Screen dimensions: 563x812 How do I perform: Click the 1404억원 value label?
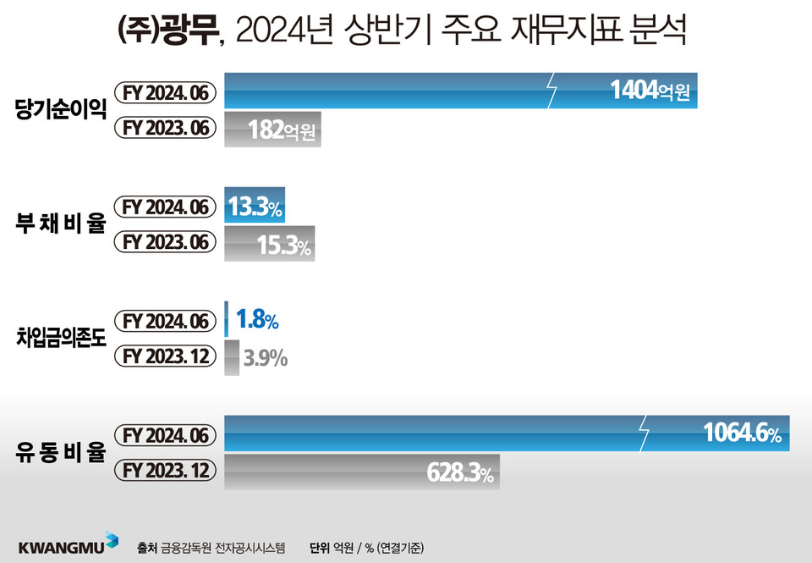[x=650, y=91]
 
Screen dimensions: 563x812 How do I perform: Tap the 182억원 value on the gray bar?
[x=282, y=130]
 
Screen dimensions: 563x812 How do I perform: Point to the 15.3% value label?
[x=283, y=245]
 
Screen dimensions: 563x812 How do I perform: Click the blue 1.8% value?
[x=257, y=320]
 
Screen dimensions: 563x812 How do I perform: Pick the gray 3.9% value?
[x=265, y=359]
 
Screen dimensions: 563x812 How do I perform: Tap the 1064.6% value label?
[x=742, y=435]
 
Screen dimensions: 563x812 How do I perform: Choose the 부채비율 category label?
[x=60, y=224]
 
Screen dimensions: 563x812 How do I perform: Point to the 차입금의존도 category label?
[x=60, y=339]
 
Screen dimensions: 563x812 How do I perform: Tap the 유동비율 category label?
[x=60, y=453]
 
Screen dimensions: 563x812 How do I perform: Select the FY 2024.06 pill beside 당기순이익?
[x=165, y=91]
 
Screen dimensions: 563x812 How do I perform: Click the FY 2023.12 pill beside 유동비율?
[x=165, y=471]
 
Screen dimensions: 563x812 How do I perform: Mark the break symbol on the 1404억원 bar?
[x=552, y=91]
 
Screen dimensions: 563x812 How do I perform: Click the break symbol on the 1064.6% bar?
[x=644, y=434]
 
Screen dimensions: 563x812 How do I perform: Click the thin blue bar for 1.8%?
[x=227, y=320]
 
